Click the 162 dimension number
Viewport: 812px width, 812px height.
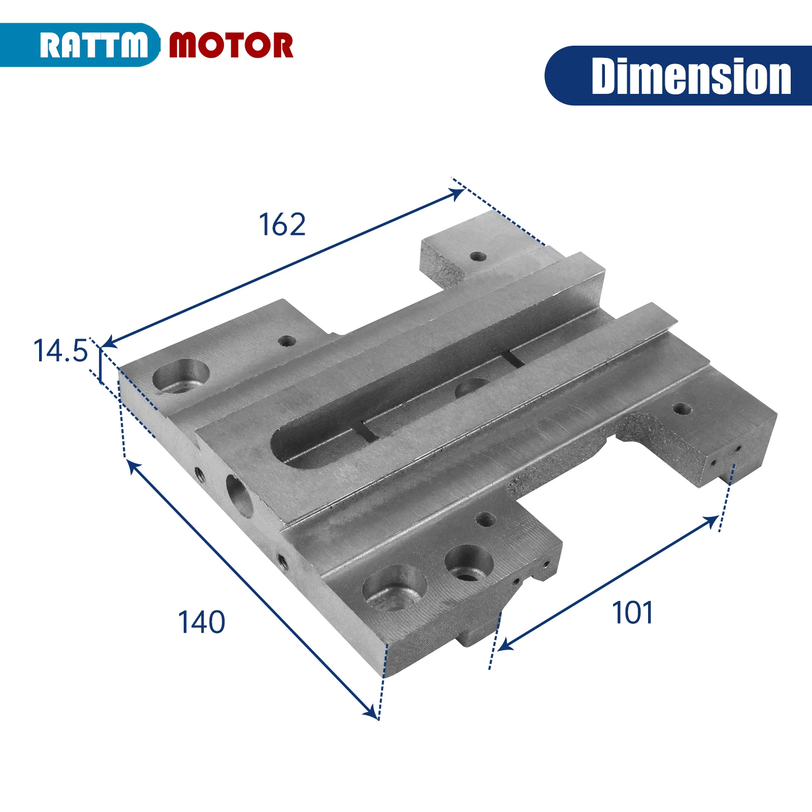point(282,224)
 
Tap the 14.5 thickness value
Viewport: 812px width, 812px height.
point(60,351)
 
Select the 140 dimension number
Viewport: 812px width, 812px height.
point(201,622)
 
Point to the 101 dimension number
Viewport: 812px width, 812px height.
point(632,613)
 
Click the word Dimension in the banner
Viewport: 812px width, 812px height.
point(691,76)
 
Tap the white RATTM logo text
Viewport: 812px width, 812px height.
point(94,45)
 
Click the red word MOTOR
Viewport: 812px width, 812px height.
point(231,45)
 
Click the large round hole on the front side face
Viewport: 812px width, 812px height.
point(239,496)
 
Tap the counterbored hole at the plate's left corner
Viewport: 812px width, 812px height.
point(181,376)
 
